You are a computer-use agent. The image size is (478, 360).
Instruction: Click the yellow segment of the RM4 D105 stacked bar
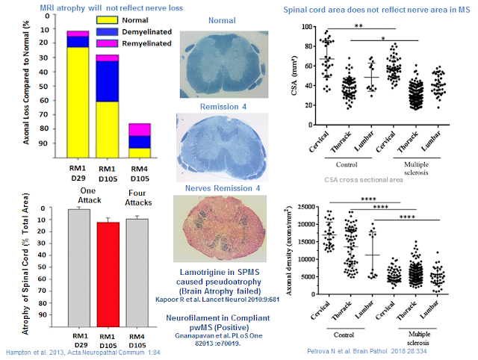140,152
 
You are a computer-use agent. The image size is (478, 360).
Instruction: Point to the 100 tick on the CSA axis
308,26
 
